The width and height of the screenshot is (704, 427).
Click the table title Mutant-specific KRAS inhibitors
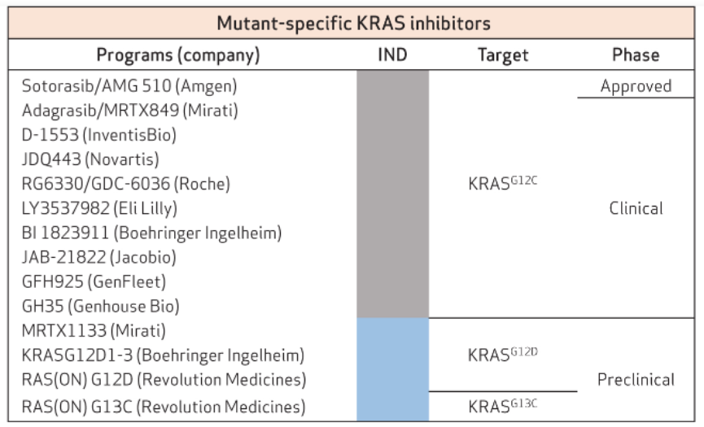tap(353, 24)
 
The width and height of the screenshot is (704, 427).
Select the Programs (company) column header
tap(178, 55)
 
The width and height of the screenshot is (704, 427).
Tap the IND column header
tap(392, 54)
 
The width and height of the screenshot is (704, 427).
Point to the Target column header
tap(503, 55)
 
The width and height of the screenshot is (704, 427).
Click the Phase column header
tap(636, 54)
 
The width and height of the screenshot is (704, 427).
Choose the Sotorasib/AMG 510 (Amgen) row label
tap(129, 85)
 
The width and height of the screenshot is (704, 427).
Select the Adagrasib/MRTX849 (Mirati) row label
tap(129, 111)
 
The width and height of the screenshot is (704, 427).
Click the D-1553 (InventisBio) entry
tap(98, 134)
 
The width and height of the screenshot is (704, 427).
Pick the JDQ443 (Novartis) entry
tap(90, 159)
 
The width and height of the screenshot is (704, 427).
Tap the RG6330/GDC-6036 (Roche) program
tap(125, 184)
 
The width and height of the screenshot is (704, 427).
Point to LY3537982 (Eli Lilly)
tap(99, 208)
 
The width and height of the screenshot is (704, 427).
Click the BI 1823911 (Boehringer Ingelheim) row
tap(151, 233)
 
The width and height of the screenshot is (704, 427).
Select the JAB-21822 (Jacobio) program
tap(98, 257)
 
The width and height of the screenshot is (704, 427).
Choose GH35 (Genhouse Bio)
tap(101, 307)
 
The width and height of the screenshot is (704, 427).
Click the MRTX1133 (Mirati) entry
tap(94, 330)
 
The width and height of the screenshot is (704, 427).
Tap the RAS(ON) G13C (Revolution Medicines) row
tap(164, 407)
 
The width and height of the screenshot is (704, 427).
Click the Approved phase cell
tap(636, 86)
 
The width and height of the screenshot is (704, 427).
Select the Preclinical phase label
tap(636, 380)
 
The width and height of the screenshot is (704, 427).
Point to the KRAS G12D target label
tap(502, 355)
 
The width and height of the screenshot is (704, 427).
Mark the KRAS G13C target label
tap(502, 406)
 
